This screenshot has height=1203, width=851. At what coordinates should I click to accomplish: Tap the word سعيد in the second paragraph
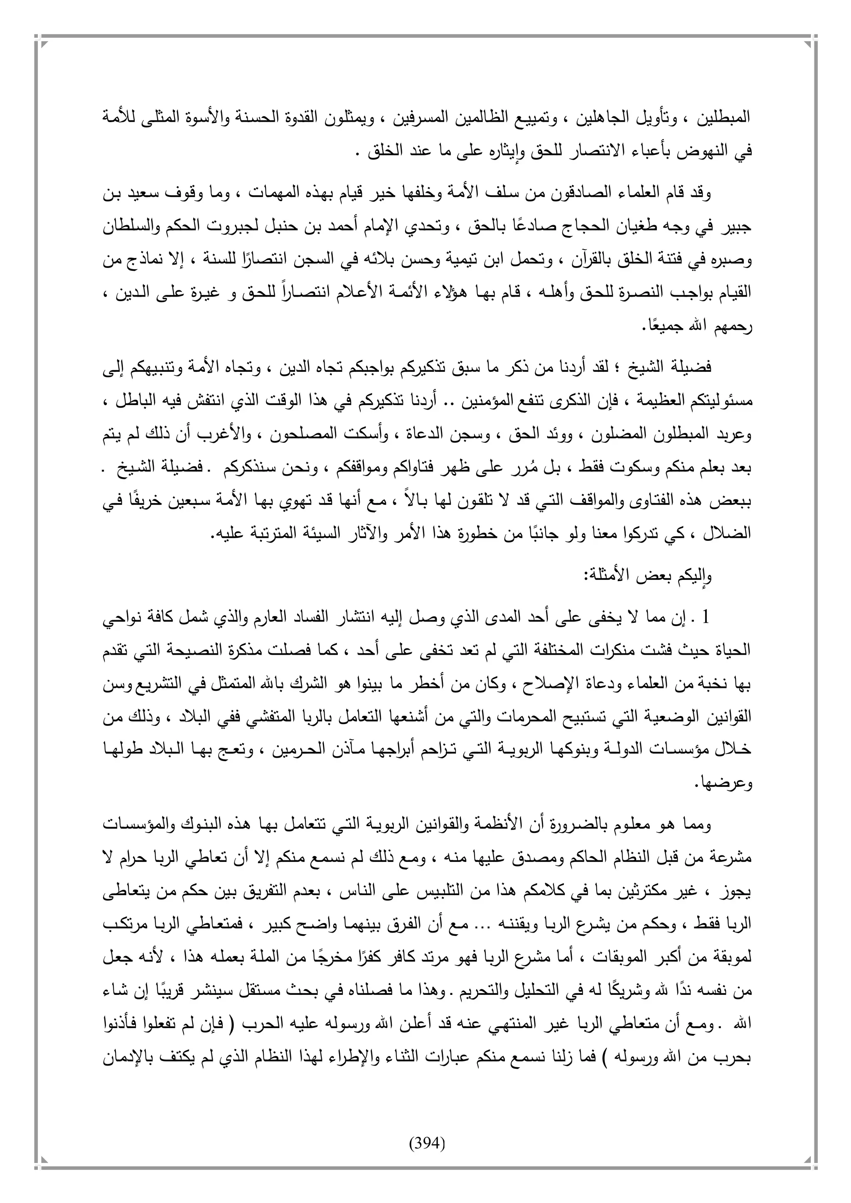click(701, 194)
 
